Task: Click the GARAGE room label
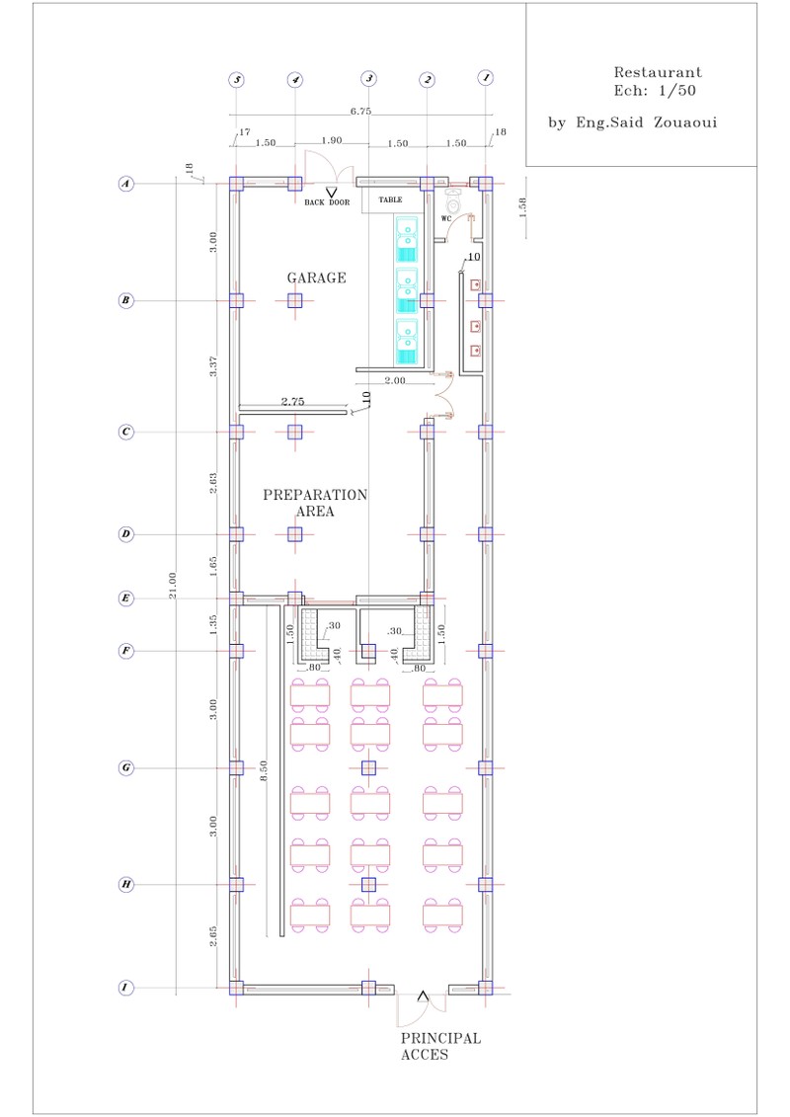tap(316, 279)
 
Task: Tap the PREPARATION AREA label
tap(315, 503)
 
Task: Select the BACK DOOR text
tap(327, 202)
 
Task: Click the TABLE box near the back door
tap(391, 200)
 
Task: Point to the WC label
tap(446, 218)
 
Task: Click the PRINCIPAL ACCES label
tap(440, 1047)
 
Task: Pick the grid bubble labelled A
tap(126, 183)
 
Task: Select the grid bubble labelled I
tap(126, 988)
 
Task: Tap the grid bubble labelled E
tap(126, 598)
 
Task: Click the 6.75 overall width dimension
tap(361, 112)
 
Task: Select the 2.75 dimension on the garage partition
tap(292, 402)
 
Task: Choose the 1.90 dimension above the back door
tap(331, 141)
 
